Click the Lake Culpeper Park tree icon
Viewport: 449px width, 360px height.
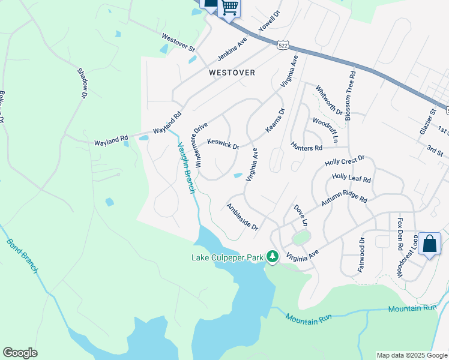(x=273, y=257)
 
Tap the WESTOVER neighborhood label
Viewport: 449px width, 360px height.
(x=232, y=73)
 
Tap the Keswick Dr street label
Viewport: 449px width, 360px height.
(x=223, y=144)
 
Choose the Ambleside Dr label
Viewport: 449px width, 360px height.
(x=242, y=217)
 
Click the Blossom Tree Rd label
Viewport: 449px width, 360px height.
(x=352, y=96)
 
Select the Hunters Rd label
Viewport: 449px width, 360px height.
(x=306, y=146)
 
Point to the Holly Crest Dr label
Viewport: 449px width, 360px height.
(x=345, y=161)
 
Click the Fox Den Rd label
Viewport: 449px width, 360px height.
(x=400, y=232)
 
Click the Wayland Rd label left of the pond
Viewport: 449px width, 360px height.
(x=111, y=143)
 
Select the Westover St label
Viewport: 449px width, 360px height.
(x=178, y=42)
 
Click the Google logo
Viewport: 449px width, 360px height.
(x=20, y=353)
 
